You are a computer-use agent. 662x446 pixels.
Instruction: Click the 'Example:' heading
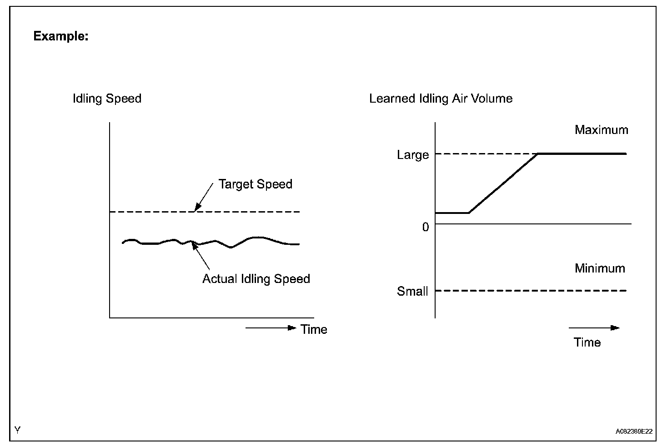pos(61,36)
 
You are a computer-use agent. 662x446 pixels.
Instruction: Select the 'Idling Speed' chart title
pos(107,99)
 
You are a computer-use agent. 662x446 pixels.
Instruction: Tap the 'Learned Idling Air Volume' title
pos(441,99)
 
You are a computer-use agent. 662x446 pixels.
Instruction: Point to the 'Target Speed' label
pos(255,184)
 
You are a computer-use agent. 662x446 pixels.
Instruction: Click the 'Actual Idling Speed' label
pos(256,278)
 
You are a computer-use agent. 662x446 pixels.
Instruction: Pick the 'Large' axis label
pos(413,155)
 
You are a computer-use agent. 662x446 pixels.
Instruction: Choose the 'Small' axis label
pos(412,291)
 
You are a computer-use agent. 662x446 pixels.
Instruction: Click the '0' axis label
pos(426,227)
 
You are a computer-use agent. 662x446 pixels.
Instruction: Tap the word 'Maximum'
pos(601,130)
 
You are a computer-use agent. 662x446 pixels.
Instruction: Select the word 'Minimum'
pos(600,268)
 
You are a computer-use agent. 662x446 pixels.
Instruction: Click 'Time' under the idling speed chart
pos(314,329)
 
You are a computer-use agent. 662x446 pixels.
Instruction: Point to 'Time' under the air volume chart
pos(587,342)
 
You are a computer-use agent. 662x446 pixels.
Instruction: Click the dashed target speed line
pos(150,212)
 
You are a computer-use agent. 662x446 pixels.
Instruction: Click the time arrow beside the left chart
pos(271,328)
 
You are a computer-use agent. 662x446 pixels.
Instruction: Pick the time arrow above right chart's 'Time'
pos(594,327)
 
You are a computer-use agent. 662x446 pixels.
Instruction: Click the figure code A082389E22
pos(634,431)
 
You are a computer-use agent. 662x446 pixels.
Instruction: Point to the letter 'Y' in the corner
pos(17,430)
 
